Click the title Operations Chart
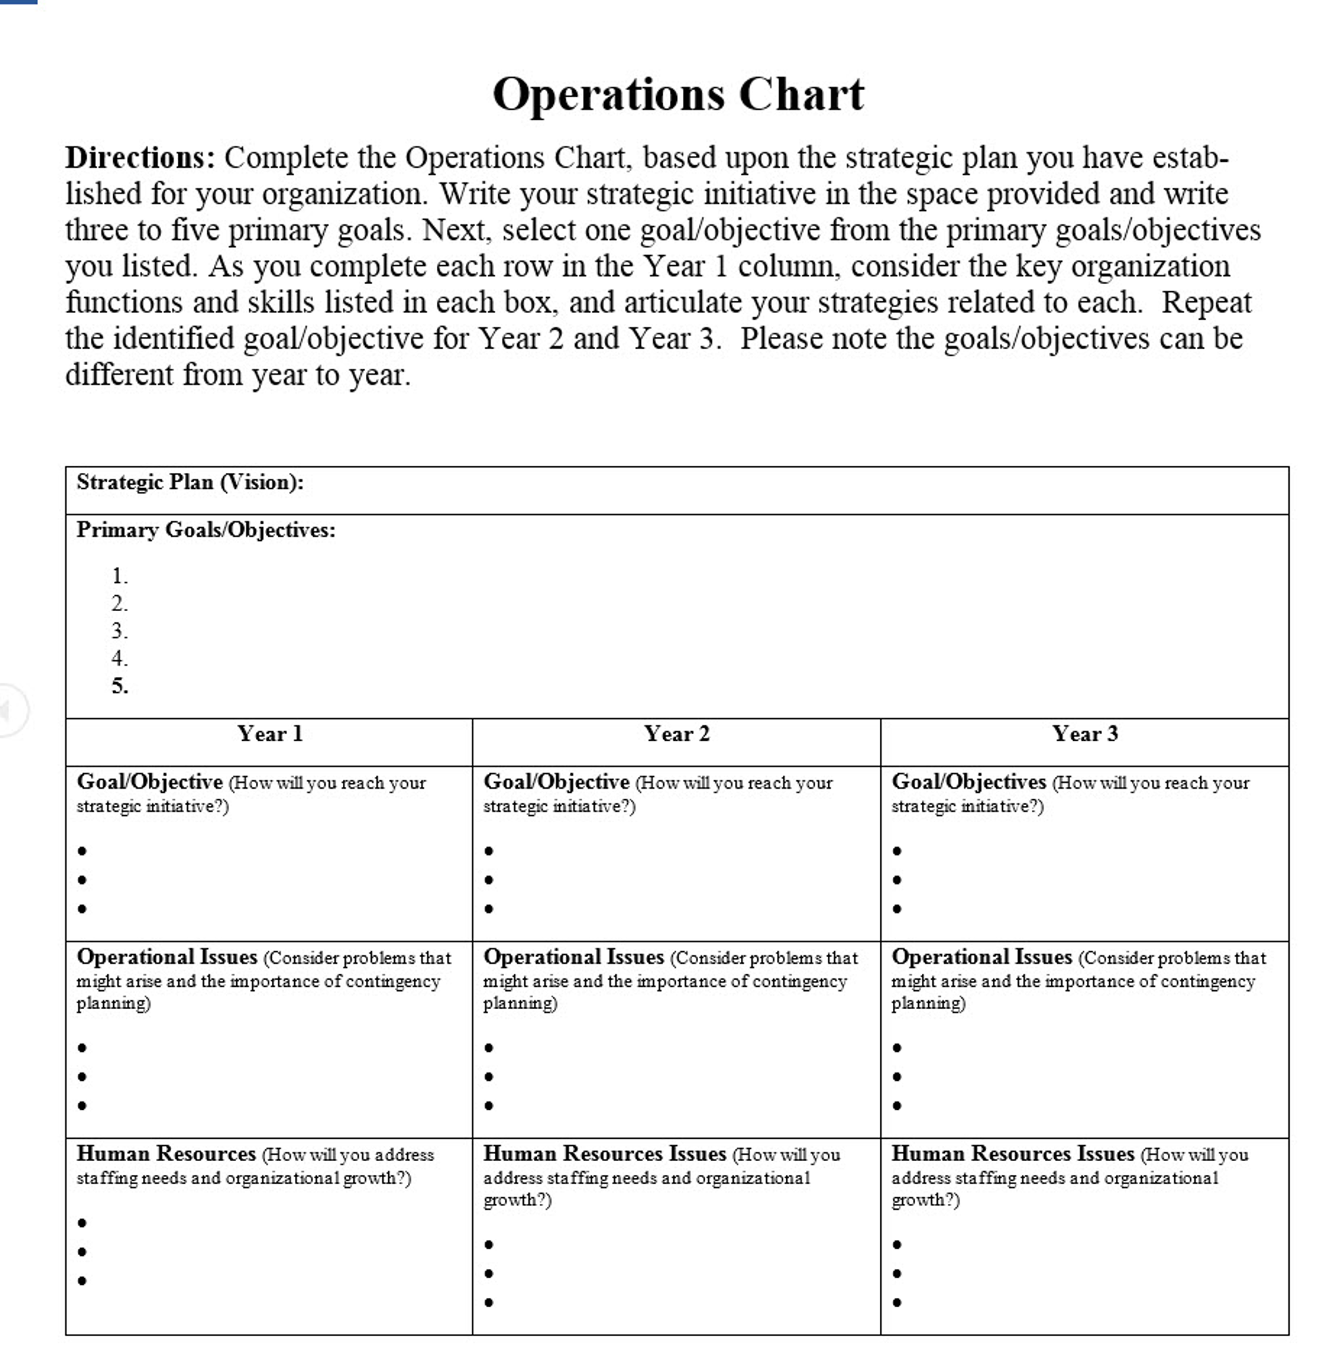point(677,93)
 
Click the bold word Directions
point(140,157)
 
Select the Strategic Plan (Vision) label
point(189,482)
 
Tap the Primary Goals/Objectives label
point(205,530)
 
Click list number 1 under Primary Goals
point(119,576)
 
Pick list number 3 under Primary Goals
point(119,631)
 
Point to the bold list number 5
point(119,686)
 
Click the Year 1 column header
point(270,734)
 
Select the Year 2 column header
point(676,734)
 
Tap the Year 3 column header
point(1085,734)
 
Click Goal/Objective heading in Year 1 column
point(149,782)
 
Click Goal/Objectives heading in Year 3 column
point(969,782)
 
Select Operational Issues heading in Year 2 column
point(573,957)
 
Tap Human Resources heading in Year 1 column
point(166,1154)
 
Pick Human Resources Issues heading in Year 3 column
point(1012,1154)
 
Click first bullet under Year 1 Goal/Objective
point(82,851)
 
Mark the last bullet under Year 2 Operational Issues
point(489,1106)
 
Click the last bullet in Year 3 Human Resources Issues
point(897,1302)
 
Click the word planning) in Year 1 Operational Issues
point(114,1003)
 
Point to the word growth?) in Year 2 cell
point(517,1201)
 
